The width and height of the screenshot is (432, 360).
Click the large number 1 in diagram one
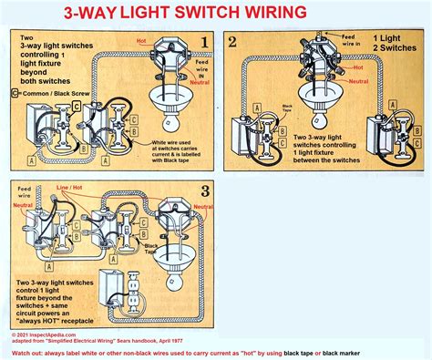pos(207,43)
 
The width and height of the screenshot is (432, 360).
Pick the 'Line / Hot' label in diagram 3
pos(68,187)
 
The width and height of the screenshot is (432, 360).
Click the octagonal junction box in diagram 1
pos(170,54)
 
